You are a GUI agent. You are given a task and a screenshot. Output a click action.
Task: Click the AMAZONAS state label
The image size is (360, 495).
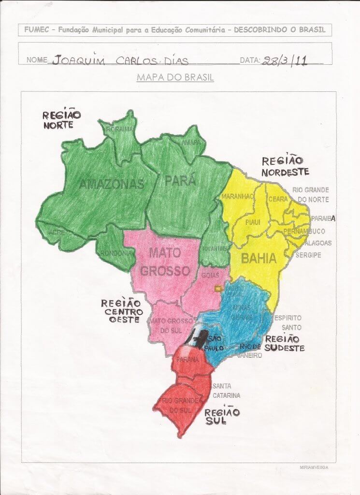112,184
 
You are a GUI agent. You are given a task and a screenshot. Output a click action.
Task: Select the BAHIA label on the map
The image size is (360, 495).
259,259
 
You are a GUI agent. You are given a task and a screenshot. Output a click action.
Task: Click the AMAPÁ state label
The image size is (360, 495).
191,143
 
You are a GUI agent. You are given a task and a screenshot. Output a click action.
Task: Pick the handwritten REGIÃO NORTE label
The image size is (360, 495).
61,119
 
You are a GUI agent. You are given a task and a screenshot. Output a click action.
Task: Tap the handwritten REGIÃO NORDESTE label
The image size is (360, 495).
285,166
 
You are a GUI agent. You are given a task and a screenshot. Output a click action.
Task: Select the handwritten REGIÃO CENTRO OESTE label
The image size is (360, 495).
122,311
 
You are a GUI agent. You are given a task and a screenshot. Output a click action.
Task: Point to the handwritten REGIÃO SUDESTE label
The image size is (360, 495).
284,343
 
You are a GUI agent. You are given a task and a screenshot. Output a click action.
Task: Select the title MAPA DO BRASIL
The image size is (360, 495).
175,77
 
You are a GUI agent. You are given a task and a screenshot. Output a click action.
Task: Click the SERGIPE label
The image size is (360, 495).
308,255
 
